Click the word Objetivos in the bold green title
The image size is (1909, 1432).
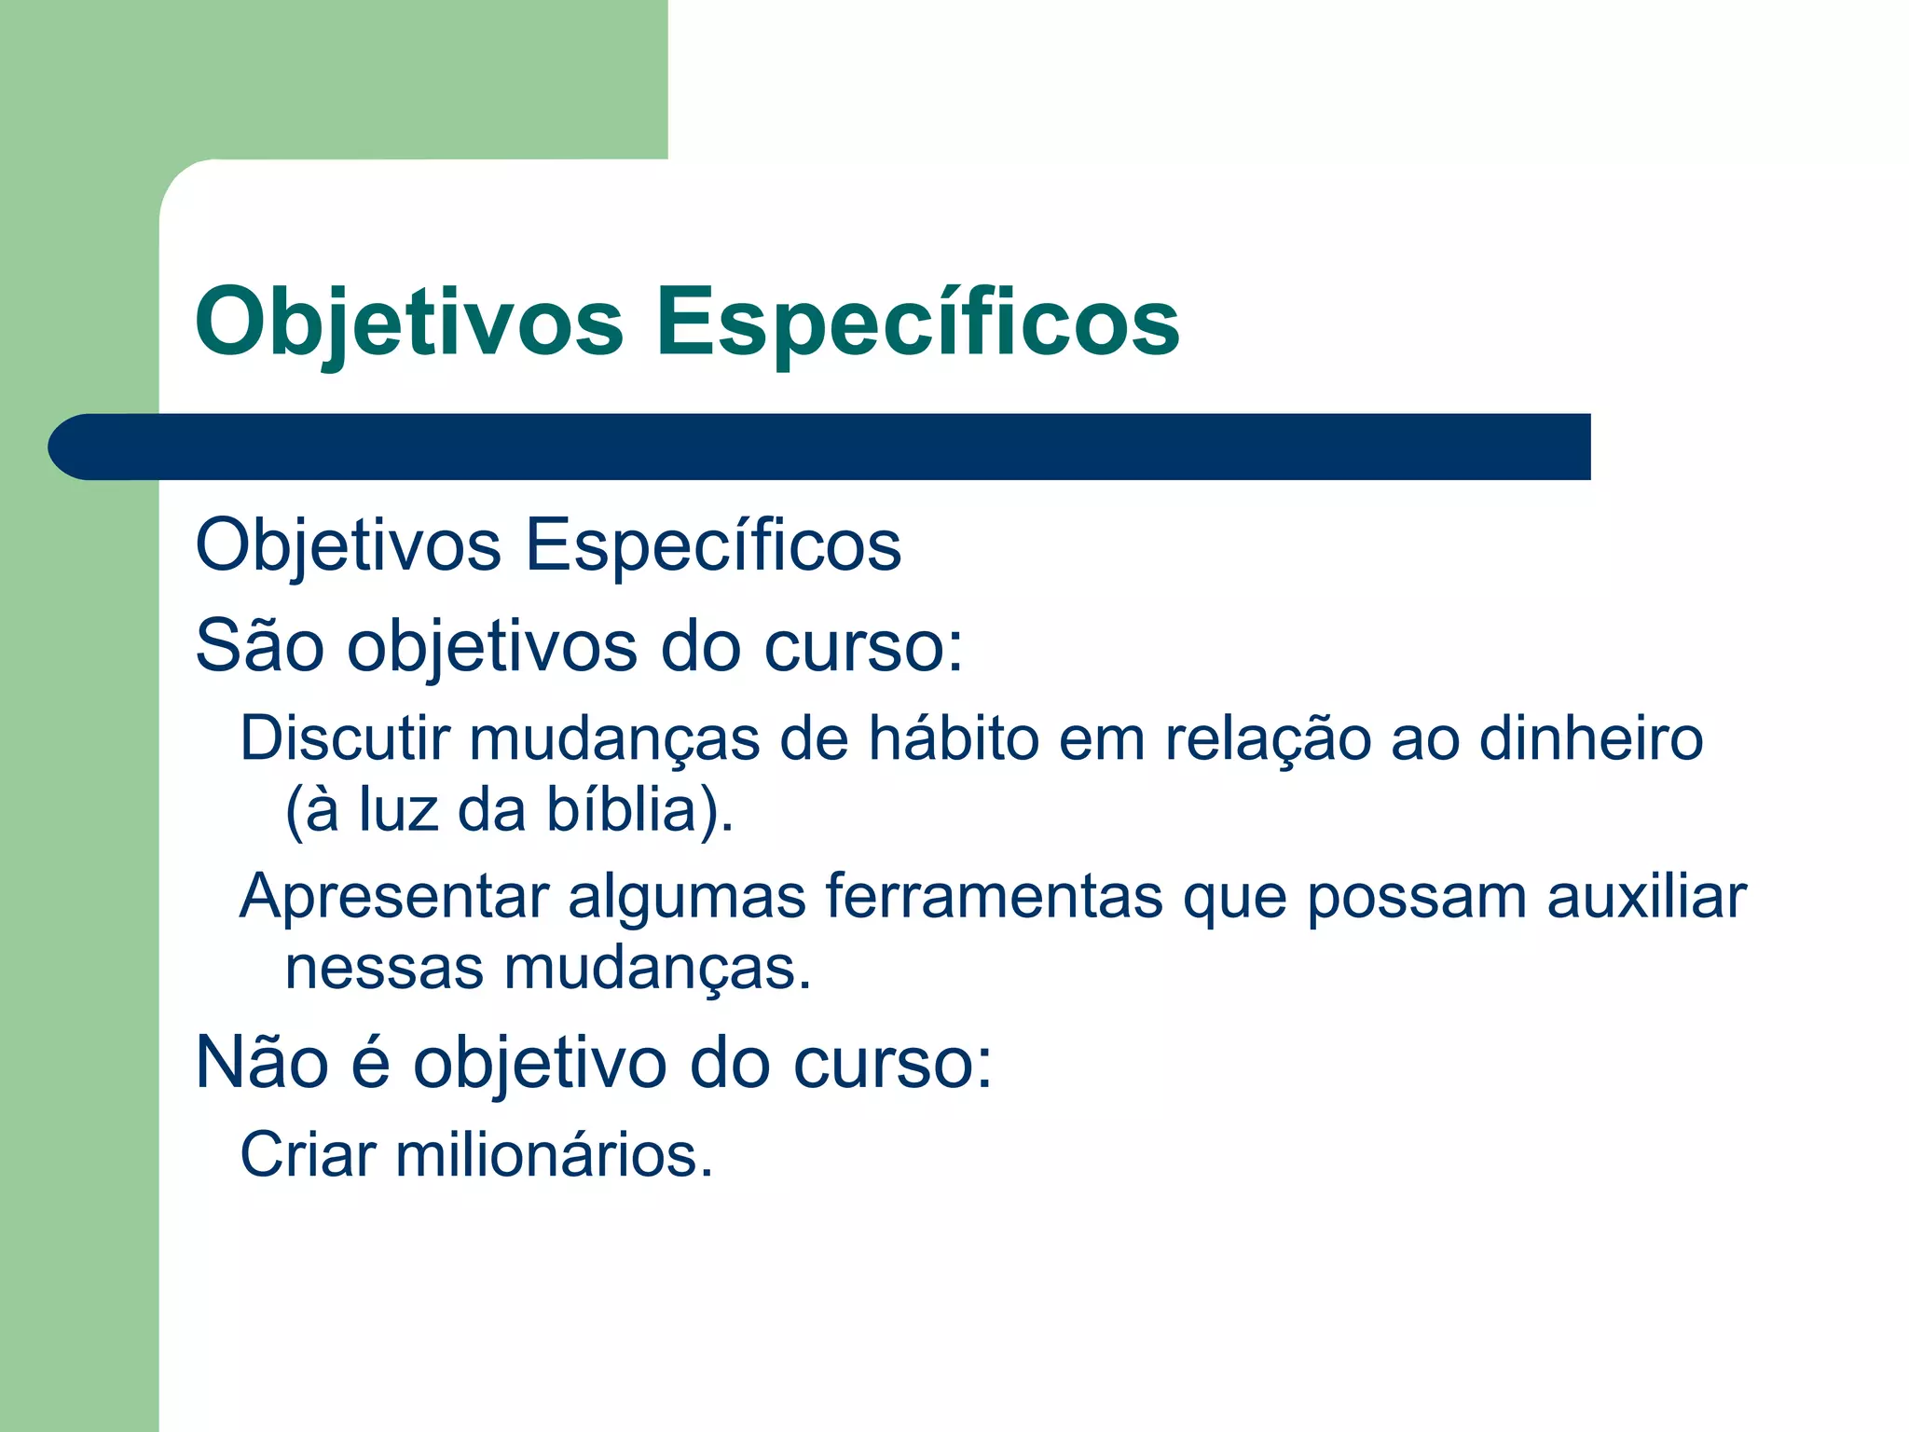[408, 322]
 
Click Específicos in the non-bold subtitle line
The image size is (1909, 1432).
[713, 544]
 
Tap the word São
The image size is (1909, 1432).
[260, 645]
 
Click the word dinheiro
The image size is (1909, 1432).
[1591, 738]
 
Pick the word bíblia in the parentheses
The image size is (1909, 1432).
[622, 809]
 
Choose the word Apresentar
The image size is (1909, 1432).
[394, 898]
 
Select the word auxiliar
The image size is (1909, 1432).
[1646, 898]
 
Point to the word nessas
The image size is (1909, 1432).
[384, 969]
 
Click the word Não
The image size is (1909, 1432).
[262, 1062]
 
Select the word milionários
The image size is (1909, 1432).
[554, 1154]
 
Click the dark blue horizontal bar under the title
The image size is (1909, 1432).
[820, 447]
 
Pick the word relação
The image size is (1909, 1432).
[1268, 738]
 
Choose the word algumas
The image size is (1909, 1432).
[687, 898]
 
